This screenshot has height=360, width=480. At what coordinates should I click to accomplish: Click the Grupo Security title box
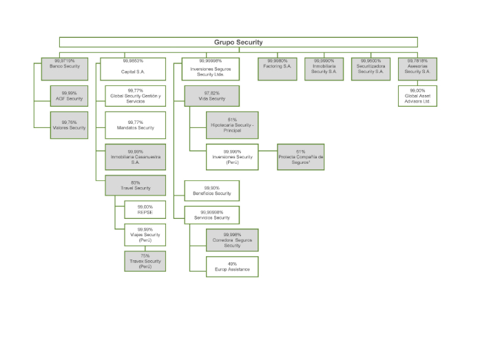238,42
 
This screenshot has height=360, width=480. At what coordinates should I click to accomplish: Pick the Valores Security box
69,125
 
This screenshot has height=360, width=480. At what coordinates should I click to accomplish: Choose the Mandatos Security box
136,125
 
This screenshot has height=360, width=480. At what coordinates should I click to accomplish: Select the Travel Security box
136,185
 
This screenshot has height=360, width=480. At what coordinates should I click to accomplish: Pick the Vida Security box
211,95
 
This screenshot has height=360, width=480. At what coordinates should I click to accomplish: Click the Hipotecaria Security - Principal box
232,125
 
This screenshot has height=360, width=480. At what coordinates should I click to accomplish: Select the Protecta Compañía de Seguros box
300,155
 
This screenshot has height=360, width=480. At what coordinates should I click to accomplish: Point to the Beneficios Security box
212,191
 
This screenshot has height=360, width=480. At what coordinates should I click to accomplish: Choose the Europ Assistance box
232,266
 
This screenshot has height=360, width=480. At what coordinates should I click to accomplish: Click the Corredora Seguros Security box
232,240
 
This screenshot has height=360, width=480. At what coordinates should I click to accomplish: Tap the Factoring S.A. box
278,67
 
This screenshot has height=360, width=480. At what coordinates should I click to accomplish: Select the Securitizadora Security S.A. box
370,67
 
